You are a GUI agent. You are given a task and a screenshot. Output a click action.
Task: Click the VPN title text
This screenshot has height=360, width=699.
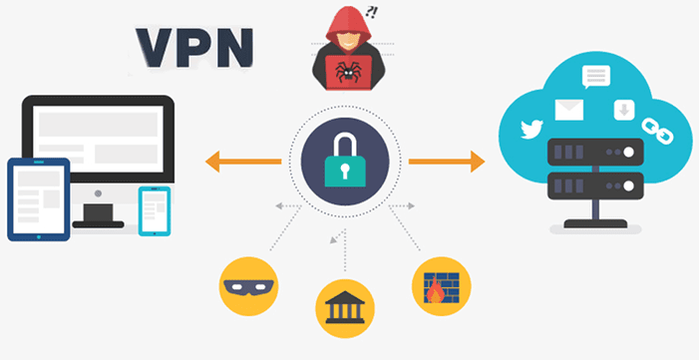coord(193,45)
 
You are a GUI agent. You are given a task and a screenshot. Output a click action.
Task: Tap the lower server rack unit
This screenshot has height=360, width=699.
coord(595,185)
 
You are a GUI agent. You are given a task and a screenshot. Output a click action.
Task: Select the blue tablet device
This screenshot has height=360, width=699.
coord(38,198)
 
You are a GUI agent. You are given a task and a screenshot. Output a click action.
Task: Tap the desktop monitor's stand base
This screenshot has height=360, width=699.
coord(106,213)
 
